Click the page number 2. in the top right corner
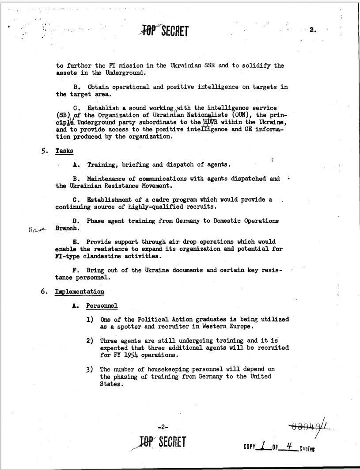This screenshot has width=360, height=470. [x=312, y=30]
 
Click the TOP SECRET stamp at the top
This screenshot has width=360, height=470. [x=163, y=31]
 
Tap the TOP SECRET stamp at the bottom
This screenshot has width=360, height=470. [x=161, y=442]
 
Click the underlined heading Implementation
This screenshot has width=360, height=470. [x=80, y=292]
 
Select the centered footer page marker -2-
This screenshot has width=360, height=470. [x=163, y=427]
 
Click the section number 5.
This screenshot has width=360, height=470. [x=44, y=151]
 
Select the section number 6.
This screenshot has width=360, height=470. [x=44, y=292]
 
